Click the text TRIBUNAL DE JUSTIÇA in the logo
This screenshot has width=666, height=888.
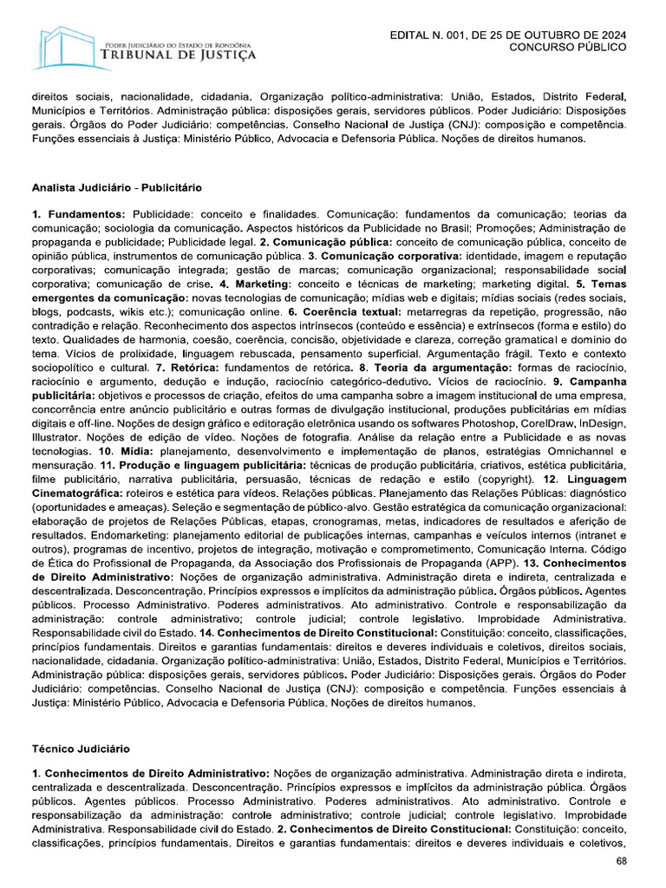179,55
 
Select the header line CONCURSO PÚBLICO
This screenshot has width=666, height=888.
566,47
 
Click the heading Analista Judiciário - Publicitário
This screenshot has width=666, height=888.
117,186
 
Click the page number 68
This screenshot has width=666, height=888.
621,861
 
